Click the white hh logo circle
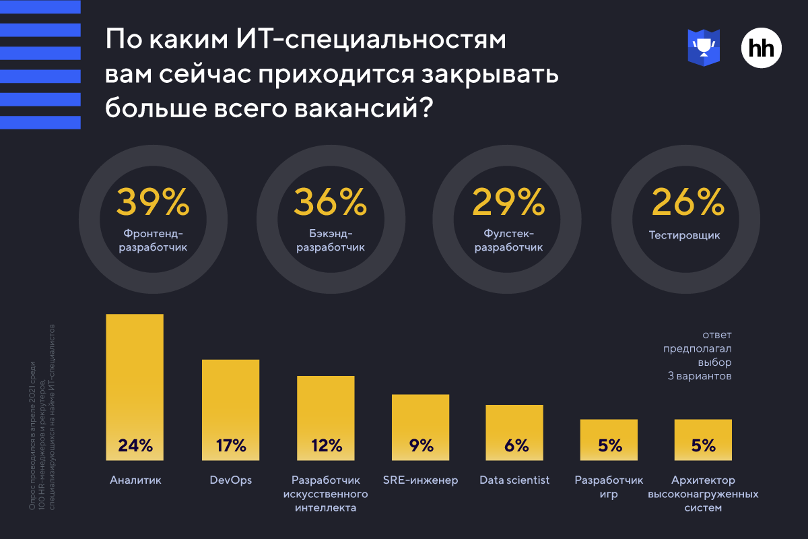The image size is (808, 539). [762, 48]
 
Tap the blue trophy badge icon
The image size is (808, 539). [704, 47]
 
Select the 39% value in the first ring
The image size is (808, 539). [152, 201]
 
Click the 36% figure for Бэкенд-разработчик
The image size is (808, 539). [330, 201]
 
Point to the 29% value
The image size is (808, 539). [508, 201]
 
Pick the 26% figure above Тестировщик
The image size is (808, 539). [687, 201]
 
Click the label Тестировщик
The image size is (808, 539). [685, 236]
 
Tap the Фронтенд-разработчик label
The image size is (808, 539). [153, 241]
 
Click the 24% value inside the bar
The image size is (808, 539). [135, 445]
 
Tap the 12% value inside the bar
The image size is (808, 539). [327, 445]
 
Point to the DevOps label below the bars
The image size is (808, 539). [231, 480]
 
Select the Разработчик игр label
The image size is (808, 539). [609, 487]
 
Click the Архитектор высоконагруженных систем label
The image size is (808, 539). [703, 494]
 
